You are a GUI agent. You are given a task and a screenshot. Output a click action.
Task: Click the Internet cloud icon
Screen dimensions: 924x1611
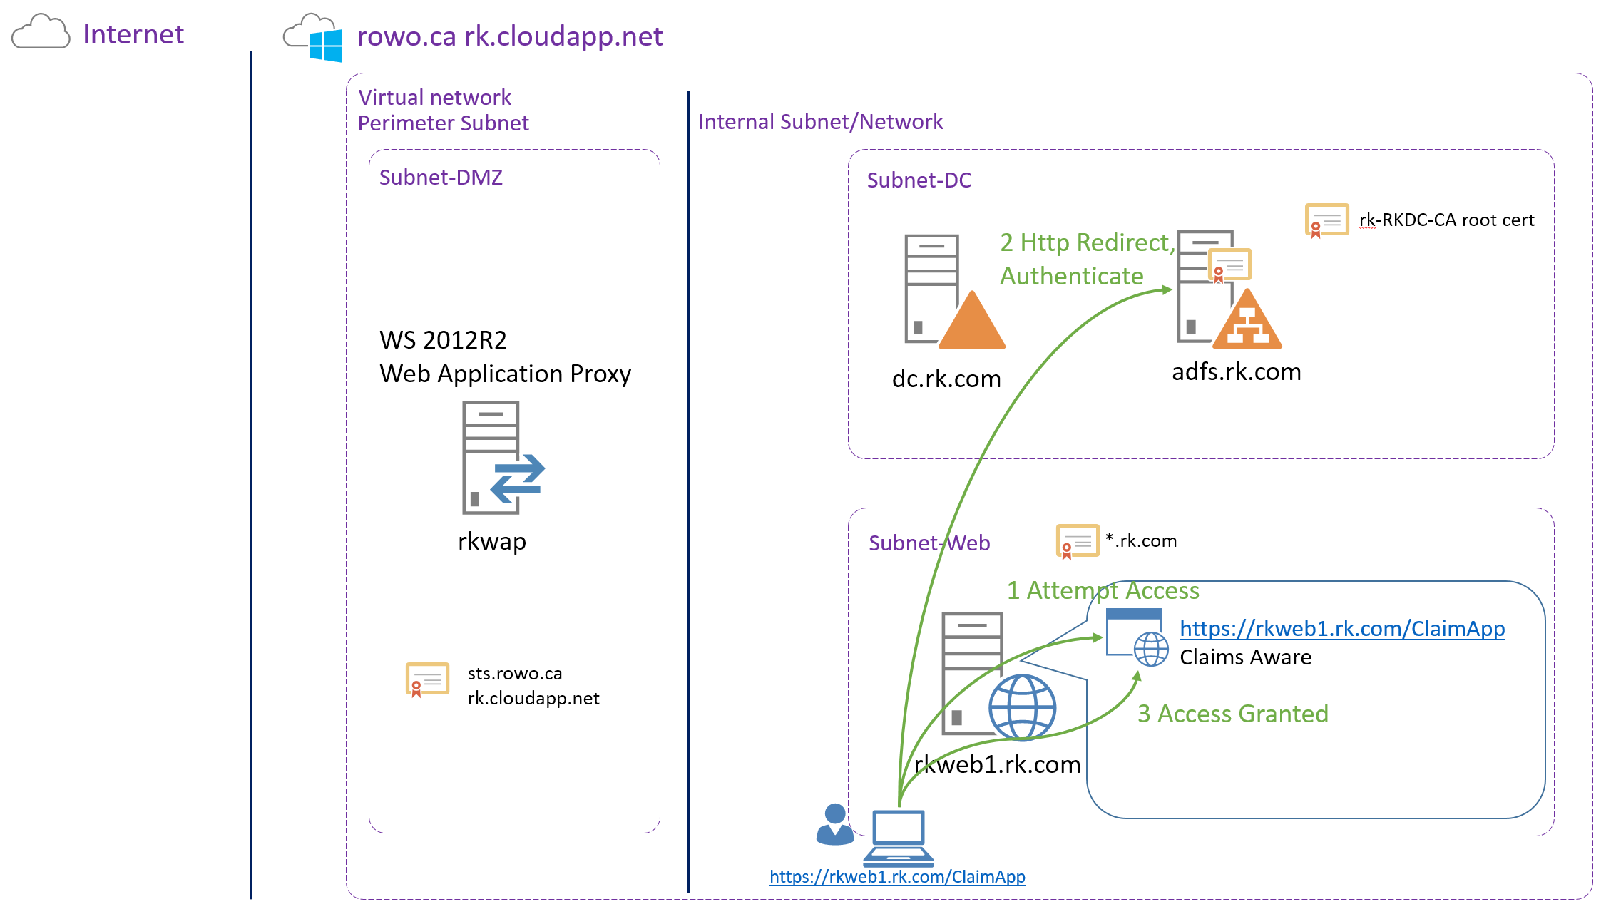[41, 32]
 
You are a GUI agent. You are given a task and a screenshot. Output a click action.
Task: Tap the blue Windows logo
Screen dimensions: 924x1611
[325, 45]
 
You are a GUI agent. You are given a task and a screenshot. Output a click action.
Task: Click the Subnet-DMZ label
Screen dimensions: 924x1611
[441, 177]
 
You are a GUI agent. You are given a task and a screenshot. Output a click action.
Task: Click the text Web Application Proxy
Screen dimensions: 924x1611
[505, 374]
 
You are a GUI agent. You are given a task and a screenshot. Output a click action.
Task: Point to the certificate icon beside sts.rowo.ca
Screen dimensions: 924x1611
[426, 679]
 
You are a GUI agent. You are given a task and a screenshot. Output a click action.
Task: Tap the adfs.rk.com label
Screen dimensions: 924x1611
[1236, 371]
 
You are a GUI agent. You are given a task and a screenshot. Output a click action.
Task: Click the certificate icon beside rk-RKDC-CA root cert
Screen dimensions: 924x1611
[1326, 220]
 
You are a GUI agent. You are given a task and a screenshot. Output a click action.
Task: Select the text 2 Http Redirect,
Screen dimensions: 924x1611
[1086, 242]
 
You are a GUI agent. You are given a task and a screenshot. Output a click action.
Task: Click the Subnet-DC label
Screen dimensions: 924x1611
[919, 180]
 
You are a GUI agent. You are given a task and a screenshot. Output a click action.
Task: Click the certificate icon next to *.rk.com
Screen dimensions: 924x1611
[1077, 541]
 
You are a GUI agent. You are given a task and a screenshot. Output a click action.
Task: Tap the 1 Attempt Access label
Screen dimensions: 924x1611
[1103, 590]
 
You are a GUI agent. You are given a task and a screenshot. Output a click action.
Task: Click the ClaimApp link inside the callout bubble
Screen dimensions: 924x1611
[1341, 628]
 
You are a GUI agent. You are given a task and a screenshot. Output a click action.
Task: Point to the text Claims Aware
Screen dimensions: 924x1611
[1245, 657]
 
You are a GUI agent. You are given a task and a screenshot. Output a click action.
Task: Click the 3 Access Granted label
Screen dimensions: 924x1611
[1232, 714]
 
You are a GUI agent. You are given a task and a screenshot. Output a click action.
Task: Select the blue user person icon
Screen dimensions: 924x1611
[834, 825]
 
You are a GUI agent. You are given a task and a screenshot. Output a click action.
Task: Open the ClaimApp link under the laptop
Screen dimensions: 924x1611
[897, 876]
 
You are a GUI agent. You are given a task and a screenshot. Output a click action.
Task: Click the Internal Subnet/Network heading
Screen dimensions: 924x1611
[820, 122]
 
